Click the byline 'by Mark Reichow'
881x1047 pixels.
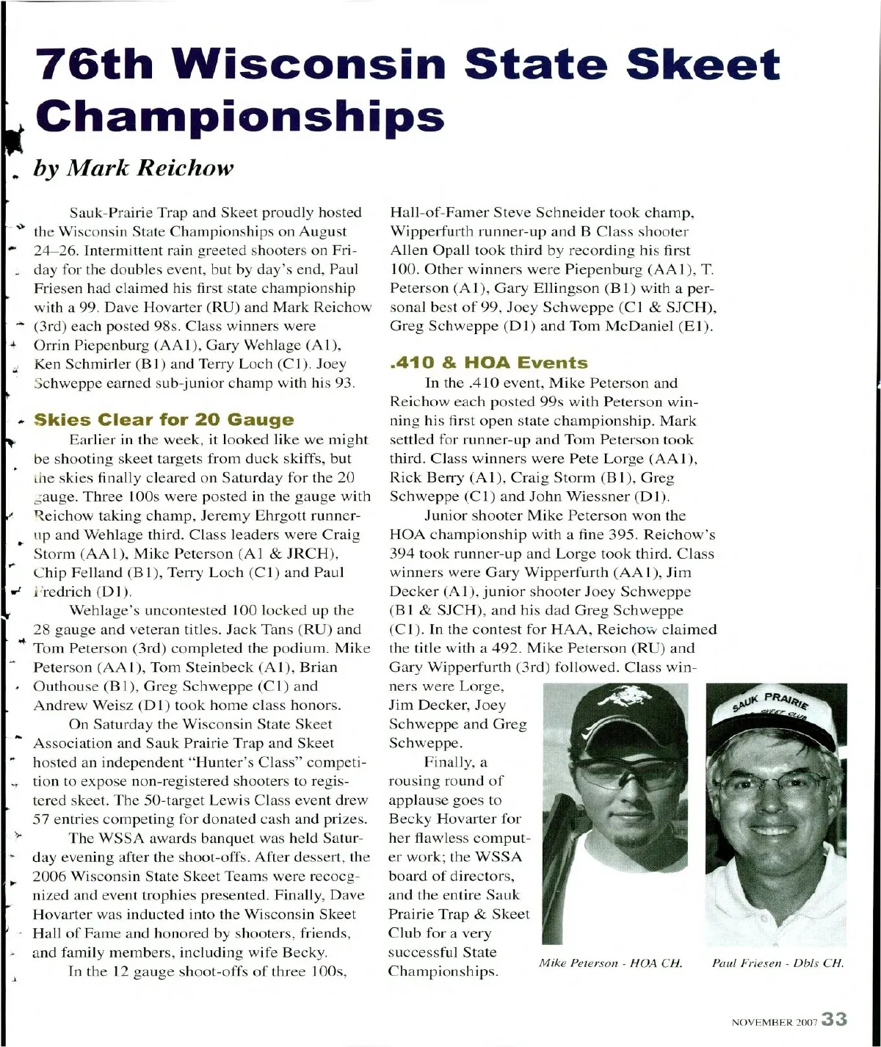[133, 168]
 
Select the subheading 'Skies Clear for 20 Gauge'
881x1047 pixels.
[164, 420]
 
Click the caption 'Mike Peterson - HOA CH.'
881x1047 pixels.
[610, 963]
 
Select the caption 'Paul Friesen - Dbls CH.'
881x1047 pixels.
[777, 963]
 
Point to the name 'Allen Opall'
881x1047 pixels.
[428, 250]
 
